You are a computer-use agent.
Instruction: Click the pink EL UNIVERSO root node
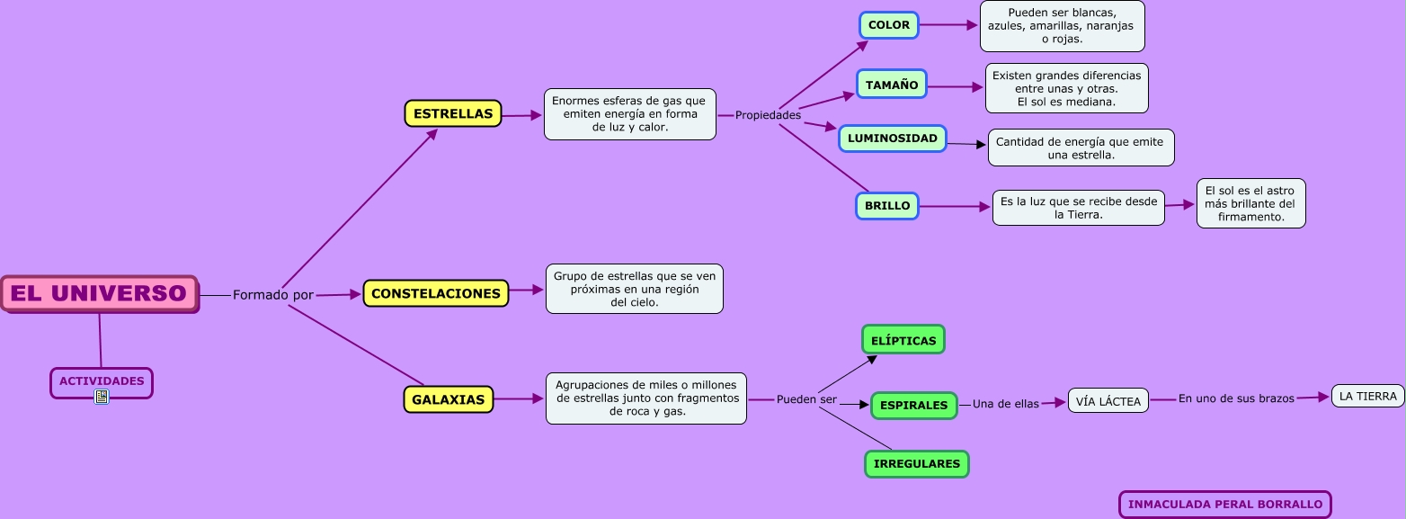coord(99,293)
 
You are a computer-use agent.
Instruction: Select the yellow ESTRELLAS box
coord(453,113)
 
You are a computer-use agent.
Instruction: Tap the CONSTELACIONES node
coord(436,293)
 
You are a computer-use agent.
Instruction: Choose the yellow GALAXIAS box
coord(449,399)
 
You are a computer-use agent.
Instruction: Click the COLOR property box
coord(889,25)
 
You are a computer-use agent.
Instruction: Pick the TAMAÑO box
coord(892,85)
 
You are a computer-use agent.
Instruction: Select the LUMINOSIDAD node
coord(893,139)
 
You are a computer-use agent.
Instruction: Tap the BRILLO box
coord(887,206)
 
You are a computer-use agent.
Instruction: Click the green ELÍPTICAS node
coord(903,340)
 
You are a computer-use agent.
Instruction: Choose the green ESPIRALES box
coord(914,405)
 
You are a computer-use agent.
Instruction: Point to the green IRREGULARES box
coord(917,464)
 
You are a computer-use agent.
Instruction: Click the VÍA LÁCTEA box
coord(1108,401)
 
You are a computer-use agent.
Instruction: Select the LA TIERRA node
coord(1367,396)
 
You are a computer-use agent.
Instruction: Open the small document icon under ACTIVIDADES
coord(102,397)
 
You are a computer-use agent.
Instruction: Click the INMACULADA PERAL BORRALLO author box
coord(1224,505)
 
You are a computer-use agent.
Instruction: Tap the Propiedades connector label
coord(768,115)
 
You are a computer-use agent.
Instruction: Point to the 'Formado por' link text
coord(273,295)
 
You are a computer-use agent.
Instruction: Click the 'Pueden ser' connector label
coord(806,399)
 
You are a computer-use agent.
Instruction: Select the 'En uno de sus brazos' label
coord(1236,398)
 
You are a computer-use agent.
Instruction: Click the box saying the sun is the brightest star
coord(1250,203)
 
